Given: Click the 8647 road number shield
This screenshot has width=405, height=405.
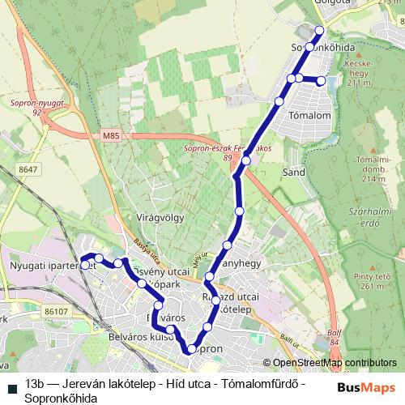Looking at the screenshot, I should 29,168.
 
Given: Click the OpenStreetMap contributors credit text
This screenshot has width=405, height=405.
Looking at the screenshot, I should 335,363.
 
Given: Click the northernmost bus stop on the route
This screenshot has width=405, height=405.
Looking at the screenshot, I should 318,31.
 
